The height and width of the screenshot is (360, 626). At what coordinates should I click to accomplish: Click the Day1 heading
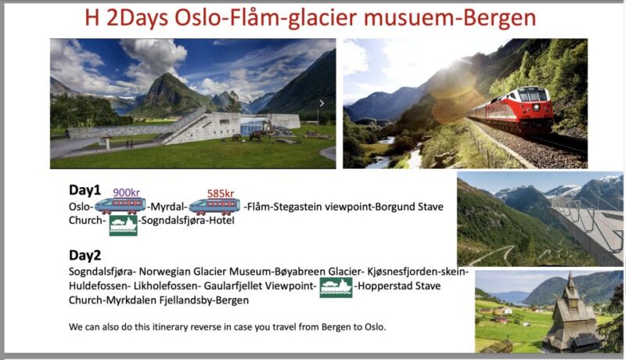point(85,190)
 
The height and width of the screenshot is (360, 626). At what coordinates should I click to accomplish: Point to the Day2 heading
point(85,255)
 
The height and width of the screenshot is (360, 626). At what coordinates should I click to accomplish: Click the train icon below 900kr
point(120,207)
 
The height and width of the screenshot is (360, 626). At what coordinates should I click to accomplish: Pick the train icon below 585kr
point(214,207)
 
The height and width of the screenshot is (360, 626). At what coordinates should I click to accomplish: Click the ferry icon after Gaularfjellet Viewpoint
point(336,288)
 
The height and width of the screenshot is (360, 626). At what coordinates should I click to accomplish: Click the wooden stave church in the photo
point(571,317)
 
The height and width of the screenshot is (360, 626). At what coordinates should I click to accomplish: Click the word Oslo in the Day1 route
point(81,207)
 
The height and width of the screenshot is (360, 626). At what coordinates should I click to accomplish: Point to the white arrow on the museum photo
point(322,103)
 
